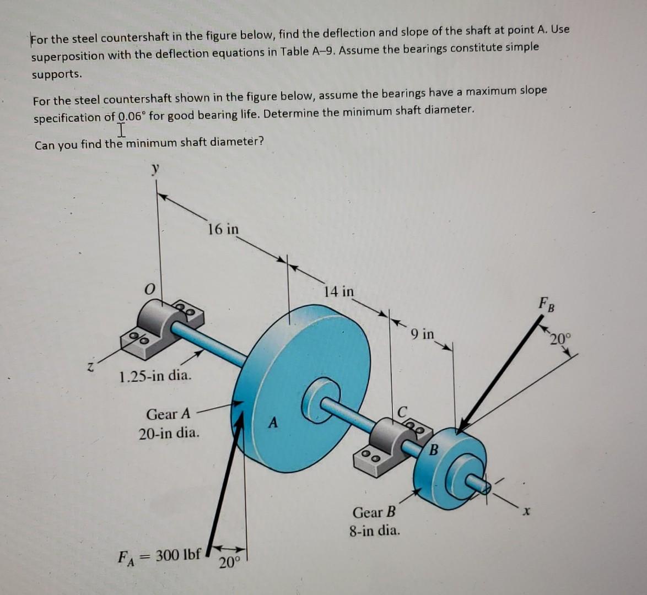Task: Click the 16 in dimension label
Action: click(223, 228)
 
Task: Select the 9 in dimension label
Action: click(423, 334)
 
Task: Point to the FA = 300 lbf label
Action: click(160, 554)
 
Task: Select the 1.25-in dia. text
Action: click(156, 377)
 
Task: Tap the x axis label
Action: click(527, 513)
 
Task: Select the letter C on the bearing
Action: click(403, 410)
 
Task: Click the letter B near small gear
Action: click(433, 450)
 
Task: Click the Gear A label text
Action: click(169, 413)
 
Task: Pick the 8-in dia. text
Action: click(374, 532)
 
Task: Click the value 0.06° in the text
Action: click(132, 116)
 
